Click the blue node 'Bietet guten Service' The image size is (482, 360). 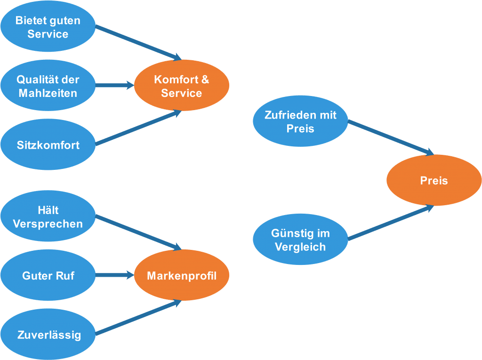[48, 27]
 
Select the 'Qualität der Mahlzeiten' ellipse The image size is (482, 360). [48, 86]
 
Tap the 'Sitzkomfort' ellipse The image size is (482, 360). [48, 145]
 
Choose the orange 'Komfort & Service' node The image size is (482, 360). [182, 86]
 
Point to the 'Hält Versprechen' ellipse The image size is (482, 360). [48, 216]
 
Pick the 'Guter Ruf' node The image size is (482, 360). [48, 276]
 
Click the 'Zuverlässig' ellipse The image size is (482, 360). [48, 335]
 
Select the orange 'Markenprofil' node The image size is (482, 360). [182, 276]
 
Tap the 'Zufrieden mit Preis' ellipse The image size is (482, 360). [300, 121]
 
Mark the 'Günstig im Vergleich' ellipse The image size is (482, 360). [300, 240]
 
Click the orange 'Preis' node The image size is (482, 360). [434, 181]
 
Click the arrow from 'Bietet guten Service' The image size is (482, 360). [138, 43]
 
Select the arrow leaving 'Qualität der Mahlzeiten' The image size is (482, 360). [115, 86]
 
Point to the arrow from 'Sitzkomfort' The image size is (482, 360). [138, 128]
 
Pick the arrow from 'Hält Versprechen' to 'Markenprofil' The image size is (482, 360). [138, 232]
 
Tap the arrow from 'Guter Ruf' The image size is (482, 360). [115, 275]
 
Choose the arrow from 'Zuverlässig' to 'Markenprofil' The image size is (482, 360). [138, 318]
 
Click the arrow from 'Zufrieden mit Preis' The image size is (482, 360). [391, 137]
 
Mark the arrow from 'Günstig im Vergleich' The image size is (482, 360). [391, 223]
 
